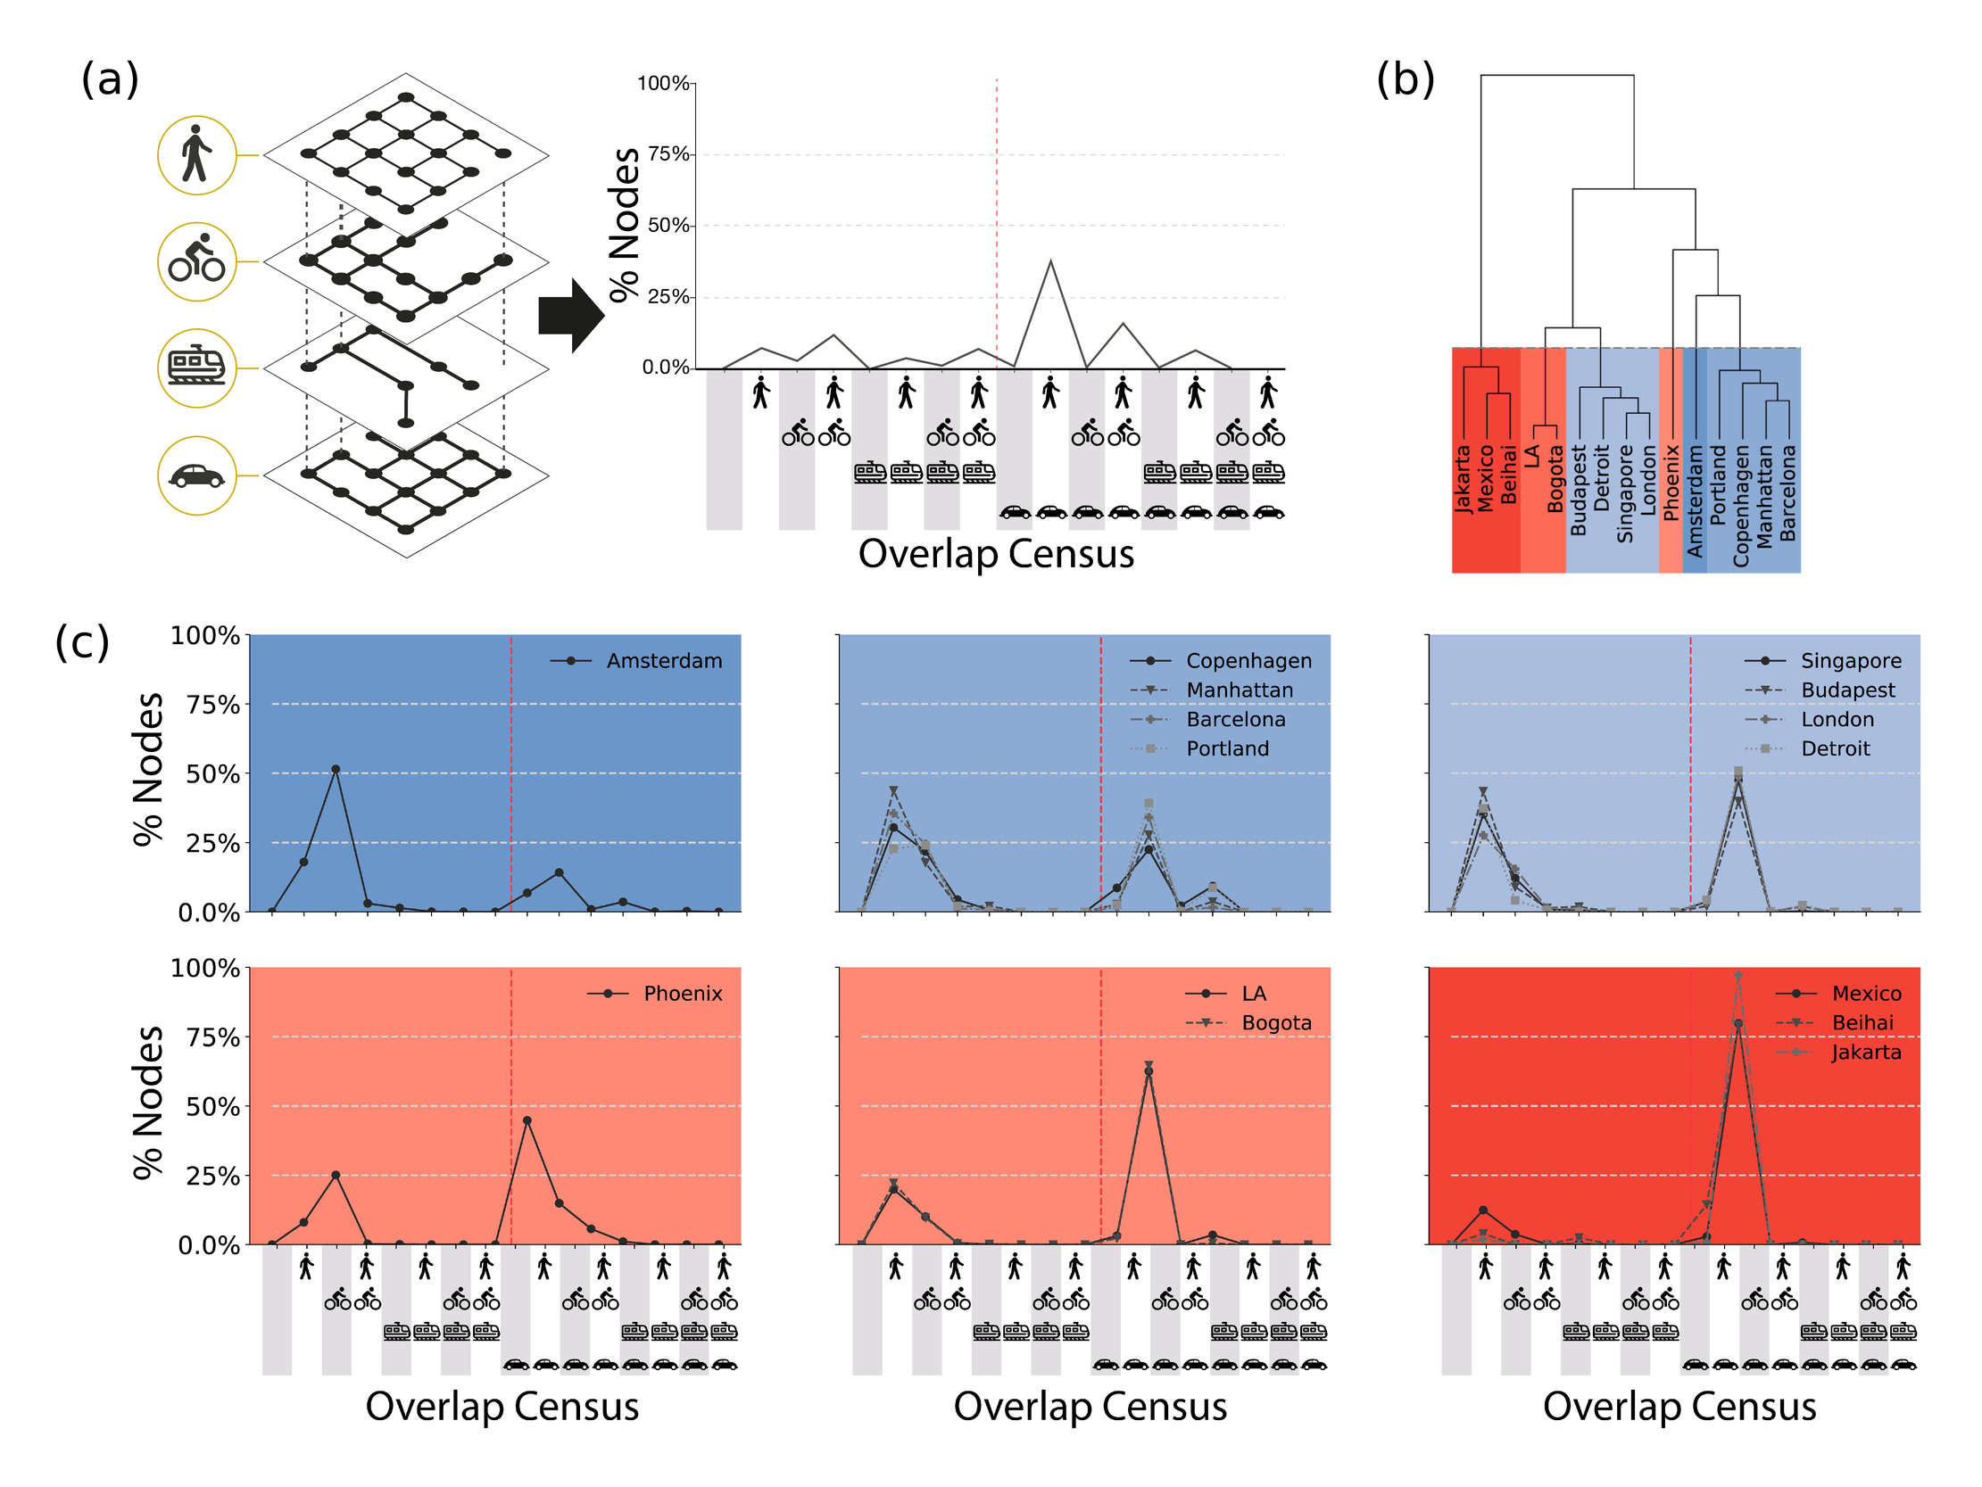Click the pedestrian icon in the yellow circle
(x=196, y=154)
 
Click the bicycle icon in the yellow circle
(x=196, y=260)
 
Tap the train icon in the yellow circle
(x=196, y=368)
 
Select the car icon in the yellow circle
(x=196, y=475)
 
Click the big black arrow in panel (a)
(x=571, y=315)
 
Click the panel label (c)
(x=81, y=641)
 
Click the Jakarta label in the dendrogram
(x=1464, y=479)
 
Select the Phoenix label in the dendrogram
(x=1671, y=482)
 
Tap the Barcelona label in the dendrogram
(x=1787, y=492)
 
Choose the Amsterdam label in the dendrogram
(x=1695, y=500)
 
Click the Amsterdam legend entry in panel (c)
(x=664, y=661)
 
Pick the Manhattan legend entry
(x=1240, y=690)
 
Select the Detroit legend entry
(x=1835, y=749)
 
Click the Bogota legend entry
(x=1276, y=1023)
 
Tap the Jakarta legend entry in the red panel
(x=1865, y=1053)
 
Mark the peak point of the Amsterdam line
(x=336, y=770)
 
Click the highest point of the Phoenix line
(x=527, y=1120)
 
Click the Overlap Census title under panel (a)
(x=996, y=554)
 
